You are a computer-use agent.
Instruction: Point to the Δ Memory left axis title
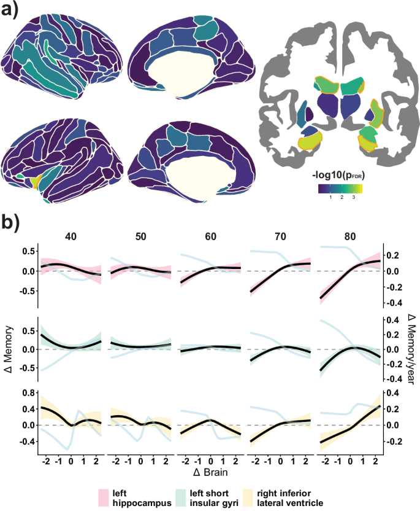(9, 348)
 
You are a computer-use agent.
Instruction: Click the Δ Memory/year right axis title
(412, 348)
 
